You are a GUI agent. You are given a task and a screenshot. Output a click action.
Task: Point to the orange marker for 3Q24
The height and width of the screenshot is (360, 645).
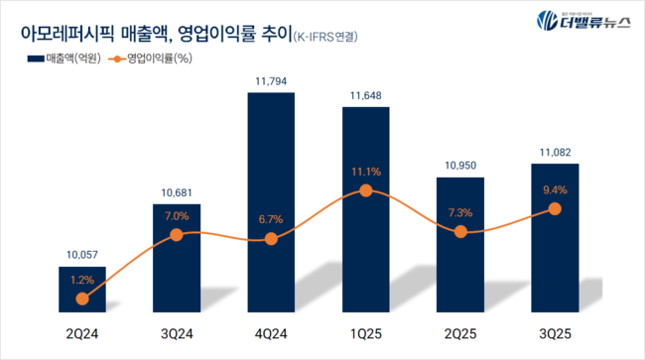(176, 234)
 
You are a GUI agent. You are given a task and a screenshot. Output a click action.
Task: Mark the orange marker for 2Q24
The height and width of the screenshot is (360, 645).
(81, 299)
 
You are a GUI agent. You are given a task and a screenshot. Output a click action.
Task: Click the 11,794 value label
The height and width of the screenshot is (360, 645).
(271, 79)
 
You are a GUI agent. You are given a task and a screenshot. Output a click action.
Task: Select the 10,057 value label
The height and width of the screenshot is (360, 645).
(81, 255)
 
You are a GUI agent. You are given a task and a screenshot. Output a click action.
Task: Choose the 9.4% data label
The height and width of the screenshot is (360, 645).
(554, 189)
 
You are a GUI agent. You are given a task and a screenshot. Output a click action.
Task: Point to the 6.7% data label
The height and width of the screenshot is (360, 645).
(271, 218)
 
